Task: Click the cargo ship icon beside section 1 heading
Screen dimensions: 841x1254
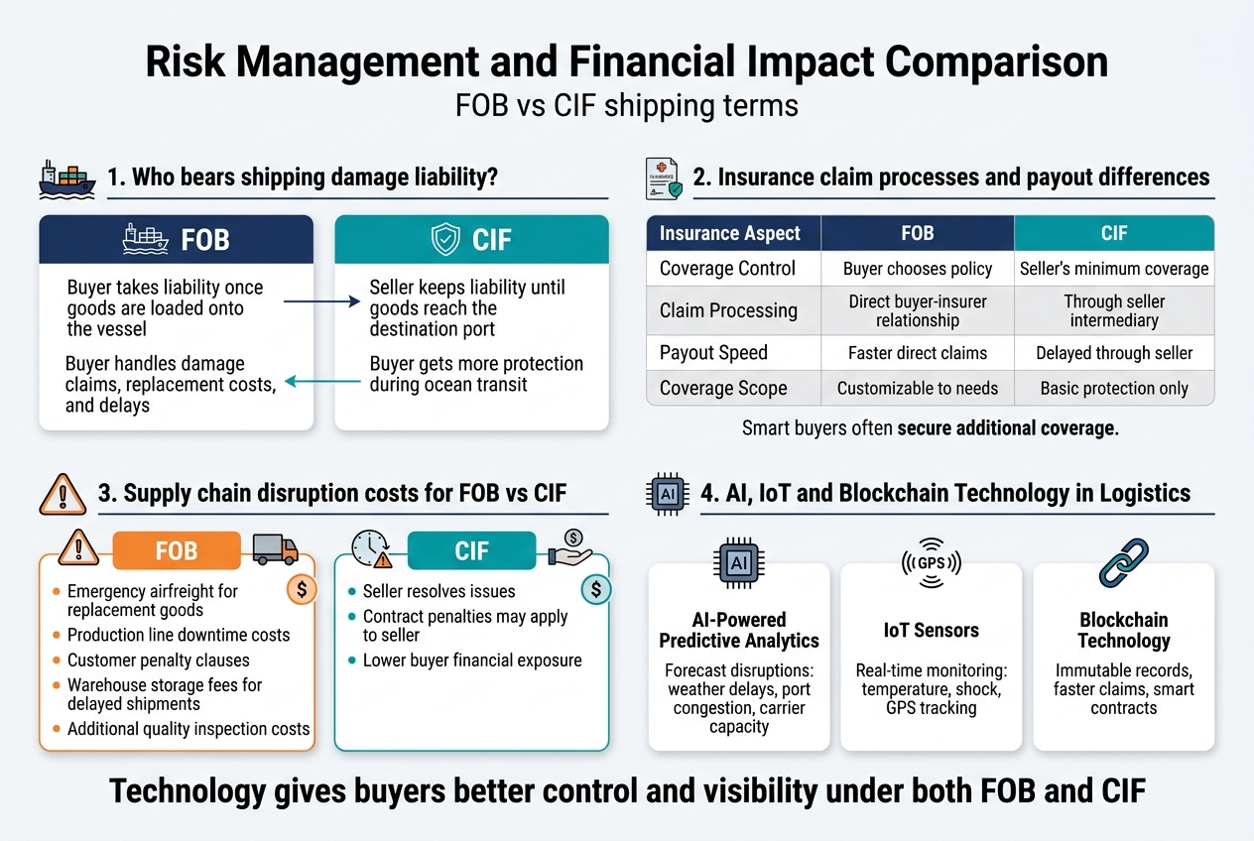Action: (66, 179)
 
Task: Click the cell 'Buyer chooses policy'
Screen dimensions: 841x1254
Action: (917, 269)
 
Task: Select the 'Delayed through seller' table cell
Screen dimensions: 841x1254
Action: (1113, 352)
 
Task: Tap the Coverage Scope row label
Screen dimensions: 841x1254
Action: (723, 388)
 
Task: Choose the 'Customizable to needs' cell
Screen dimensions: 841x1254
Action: (917, 388)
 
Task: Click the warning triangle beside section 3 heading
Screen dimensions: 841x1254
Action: (62, 492)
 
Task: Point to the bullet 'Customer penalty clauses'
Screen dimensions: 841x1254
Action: (158, 661)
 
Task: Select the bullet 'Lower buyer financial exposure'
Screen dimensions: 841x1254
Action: (471, 661)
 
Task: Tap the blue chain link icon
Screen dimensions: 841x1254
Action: (1124, 563)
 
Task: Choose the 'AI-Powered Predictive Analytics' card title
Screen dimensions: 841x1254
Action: (738, 630)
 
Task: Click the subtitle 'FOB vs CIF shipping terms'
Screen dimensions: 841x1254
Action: (626, 105)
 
